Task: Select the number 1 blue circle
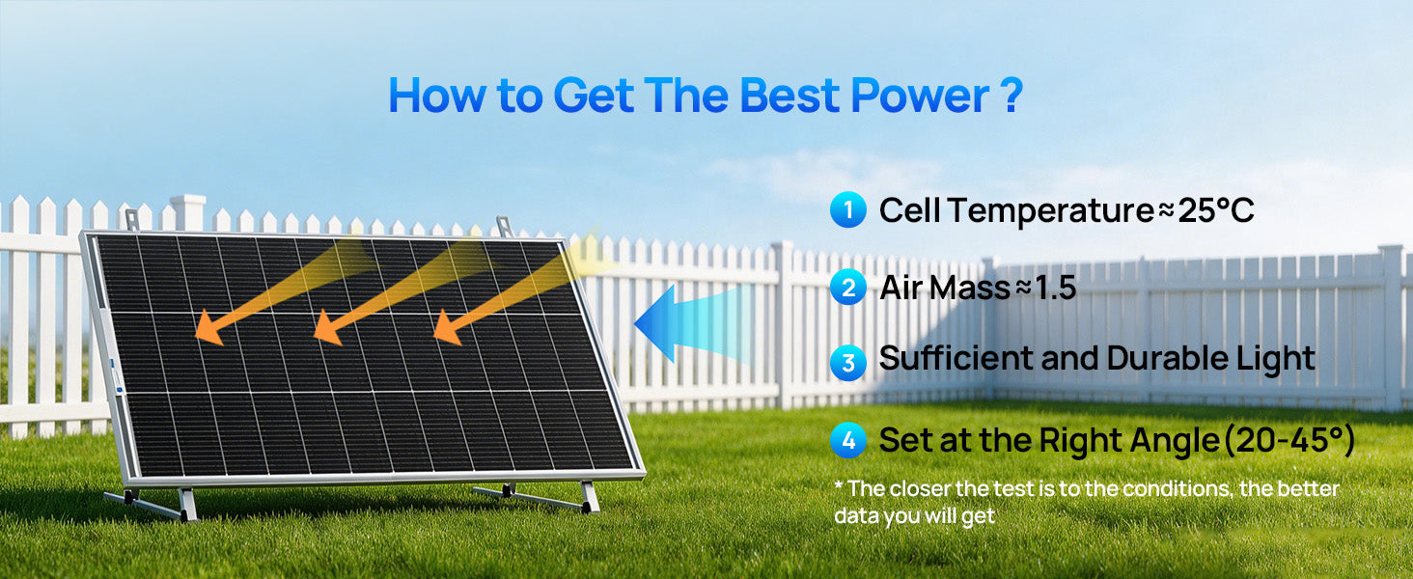point(848,209)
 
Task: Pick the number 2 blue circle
point(848,288)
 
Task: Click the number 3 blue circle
point(848,363)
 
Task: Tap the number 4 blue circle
point(848,440)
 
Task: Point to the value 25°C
point(1215,210)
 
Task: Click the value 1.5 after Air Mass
point(1055,288)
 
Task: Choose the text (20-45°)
point(1289,440)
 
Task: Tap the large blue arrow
point(692,323)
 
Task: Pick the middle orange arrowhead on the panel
point(327,328)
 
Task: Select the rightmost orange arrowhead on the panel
point(448,328)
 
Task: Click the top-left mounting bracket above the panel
point(132,220)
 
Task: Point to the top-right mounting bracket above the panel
point(505,227)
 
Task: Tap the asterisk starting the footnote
point(839,484)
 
